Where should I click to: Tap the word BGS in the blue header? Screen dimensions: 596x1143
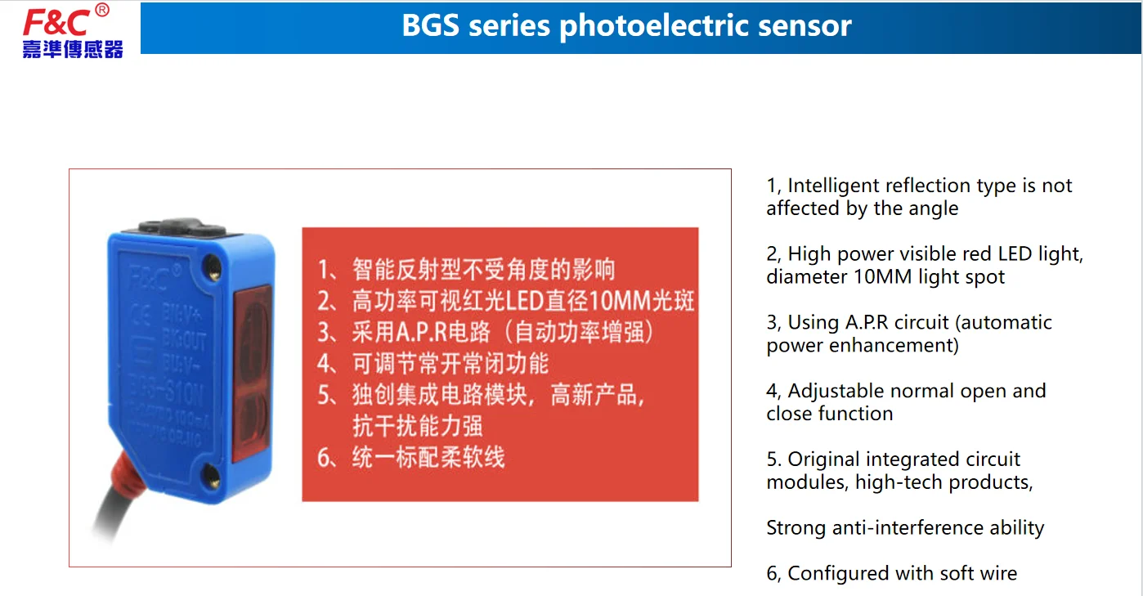[431, 26]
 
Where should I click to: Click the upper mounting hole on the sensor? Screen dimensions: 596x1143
[215, 262]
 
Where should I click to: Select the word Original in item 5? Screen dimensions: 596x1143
[823, 459]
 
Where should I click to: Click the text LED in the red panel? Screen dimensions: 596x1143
[523, 301]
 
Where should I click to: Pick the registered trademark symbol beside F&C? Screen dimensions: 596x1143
[101, 10]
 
